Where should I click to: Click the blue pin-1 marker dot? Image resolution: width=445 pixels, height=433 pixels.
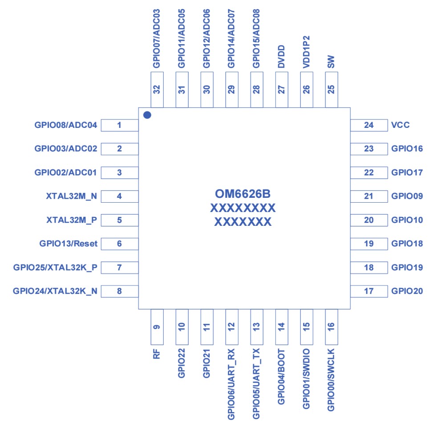pyautogui.click(x=147, y=115)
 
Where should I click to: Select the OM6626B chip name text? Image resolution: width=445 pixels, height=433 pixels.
pyautogui.click(x=243, y=194)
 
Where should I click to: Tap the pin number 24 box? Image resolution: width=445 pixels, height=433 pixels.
pyautogui.click(x=368, y=125)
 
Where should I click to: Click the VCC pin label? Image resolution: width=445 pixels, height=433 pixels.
pyautogui.click(x=400, y=125)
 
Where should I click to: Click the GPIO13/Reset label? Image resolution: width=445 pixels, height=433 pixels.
pyautogui.click(x=69, y=244)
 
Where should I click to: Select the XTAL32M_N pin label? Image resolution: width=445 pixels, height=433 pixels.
pyautogui.click(x=72, y=196)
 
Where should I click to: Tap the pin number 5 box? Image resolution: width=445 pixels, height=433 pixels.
pyautogui.click(x=119, y=220)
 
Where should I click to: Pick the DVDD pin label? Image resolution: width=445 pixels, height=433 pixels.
pyautogui.click(x=281, y=57)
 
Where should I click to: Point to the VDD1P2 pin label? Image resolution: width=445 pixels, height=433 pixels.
pyautogui.click(x=306, y=51)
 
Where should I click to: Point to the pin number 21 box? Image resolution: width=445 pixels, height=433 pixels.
pyautogui.click(x=368, y=196)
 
